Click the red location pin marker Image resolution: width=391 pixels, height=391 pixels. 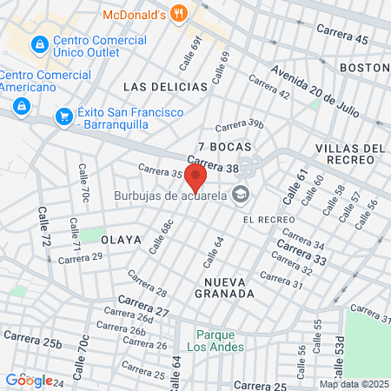[x=196, y=179]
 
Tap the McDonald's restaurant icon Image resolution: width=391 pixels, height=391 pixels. [x=180, y=13]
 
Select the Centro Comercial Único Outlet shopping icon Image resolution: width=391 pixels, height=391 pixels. [x=39, y=43]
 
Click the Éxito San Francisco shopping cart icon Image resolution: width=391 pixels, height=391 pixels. [x=63, y=116]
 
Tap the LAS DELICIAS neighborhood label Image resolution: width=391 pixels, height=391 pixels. [x=165, y=87]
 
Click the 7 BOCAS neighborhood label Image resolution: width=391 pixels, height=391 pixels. [x=218, y=146]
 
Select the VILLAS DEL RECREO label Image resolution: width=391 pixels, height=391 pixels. [x=350, y=155]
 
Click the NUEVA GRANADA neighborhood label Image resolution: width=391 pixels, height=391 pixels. [x=229, y=288]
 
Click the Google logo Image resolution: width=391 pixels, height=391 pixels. [x=29, y=380]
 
